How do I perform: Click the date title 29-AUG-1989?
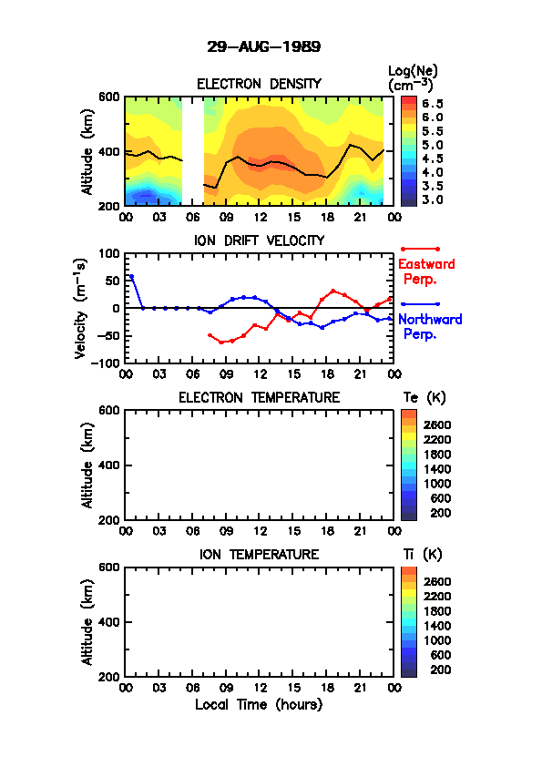263,46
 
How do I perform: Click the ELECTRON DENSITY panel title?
259,84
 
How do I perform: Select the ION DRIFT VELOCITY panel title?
260,240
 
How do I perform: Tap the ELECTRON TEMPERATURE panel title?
260,398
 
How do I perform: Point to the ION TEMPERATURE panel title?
260,554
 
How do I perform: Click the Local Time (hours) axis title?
259,704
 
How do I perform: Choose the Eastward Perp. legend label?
426,271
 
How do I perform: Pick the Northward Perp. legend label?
430,326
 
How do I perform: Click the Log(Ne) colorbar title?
413,78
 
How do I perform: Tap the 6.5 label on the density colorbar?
433,104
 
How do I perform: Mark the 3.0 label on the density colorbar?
433,199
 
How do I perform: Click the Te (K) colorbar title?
424,398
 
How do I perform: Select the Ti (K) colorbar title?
423,554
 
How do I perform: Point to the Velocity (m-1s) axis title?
81,309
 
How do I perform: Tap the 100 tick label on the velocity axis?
109,253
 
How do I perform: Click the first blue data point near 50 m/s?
131,277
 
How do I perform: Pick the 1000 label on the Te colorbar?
437,484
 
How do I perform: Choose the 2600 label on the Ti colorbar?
437,581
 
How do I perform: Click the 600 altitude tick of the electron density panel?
109,97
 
